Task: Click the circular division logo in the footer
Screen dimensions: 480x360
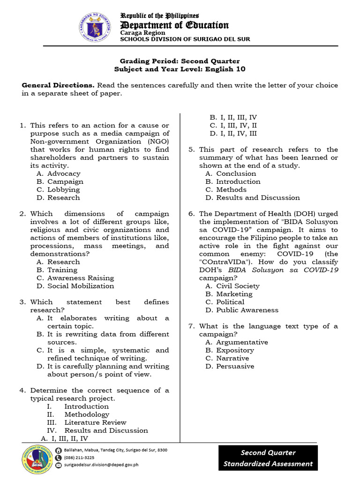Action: tap(37, 457)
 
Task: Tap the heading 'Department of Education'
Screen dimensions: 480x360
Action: tap(174, 25)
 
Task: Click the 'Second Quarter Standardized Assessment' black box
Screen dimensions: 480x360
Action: tap(268, 458)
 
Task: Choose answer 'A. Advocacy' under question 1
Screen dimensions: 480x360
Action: tap(58, 173)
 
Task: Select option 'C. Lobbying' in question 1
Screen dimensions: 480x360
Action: tap(58, 189)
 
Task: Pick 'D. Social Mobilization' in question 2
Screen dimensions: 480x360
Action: tap(75, 286)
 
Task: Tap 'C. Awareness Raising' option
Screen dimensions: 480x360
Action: tap(75, 278)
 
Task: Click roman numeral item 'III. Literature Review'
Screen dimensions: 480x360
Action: tap(87, 422)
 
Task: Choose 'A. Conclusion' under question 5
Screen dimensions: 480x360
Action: tap(231, 173)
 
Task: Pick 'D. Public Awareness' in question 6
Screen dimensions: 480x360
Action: tap(241, 310)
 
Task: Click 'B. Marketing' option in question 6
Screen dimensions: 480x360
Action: tap(229, 294)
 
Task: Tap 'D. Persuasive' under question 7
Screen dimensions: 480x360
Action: tap(230, 366)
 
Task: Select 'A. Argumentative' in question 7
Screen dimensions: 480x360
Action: tap(236, 342)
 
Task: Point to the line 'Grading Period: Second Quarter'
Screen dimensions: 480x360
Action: tap(180, 61)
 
